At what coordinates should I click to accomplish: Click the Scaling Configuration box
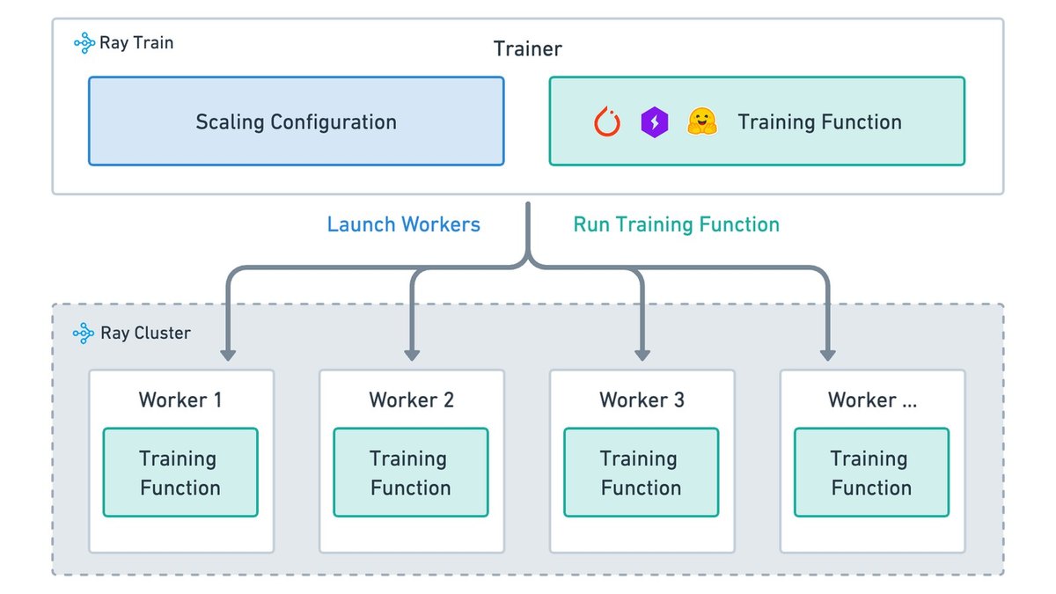(296, 121)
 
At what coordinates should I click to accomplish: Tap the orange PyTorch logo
(606, 121)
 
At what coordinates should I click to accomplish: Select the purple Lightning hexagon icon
(655, 122)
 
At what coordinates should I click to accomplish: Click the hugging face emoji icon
(702, 121)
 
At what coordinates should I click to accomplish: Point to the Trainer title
(527, 48)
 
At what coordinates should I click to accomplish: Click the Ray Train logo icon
(84, 43)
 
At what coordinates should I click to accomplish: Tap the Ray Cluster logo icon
(84, 334)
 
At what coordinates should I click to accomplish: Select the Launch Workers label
(404, 224)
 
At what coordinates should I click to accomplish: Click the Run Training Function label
(677, 224)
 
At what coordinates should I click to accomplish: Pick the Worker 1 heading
(180, 400)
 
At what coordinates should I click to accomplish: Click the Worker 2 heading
(412, 400)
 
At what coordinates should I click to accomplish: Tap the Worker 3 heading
(642, 400)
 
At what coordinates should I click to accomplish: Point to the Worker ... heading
(873, 400)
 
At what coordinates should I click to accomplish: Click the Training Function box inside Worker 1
(180, 473)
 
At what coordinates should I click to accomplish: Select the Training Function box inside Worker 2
(411, 473)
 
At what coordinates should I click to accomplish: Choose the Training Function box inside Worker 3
(642, 473)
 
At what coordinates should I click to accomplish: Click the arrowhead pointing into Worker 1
(228, 356)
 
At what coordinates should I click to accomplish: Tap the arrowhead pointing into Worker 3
(642, 356)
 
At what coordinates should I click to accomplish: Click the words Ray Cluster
(146, 334)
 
